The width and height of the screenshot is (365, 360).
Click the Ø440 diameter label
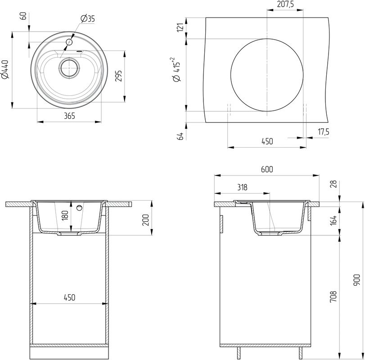(x=6, y=70)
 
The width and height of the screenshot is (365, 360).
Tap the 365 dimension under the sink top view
(x=69, y=116)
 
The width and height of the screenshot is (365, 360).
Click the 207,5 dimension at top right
(x=286, y=5)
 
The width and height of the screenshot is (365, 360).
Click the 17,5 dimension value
(x=324, y=132)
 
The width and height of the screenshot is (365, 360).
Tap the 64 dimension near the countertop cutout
(x=180, y=136)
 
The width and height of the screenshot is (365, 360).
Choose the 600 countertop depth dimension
(x=267, y=169)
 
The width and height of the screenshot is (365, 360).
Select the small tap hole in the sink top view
(x=69, y=42)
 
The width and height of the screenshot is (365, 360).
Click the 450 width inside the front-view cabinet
(x=69, y=297)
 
